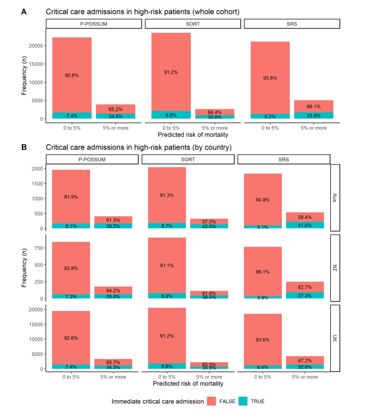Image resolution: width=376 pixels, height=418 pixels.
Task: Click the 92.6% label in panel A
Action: coord(72,76)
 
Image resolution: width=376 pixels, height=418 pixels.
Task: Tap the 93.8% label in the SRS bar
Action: coord(270,78)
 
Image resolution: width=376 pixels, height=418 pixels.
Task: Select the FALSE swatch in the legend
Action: coord(211,401)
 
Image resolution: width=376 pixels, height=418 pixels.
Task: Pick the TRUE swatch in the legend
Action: coord(243,401)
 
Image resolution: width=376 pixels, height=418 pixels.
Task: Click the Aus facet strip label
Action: coord(335,198)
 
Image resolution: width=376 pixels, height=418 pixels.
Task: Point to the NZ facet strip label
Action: coord(335,268)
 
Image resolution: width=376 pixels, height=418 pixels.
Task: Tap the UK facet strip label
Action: coord(335,338)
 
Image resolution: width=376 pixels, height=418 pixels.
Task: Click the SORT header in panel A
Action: coord(193,24)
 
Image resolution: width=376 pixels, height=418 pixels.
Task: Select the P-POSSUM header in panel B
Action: coord(92,160)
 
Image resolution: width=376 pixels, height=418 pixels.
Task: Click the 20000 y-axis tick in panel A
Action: coord(36,46)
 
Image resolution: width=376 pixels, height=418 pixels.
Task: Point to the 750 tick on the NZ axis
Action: coord(38,248)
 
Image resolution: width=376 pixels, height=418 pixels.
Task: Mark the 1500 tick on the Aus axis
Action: coord(37,184)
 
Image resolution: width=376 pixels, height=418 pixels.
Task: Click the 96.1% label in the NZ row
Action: coord(263,272)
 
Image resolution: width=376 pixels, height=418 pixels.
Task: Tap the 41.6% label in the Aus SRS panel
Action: coord(305,225)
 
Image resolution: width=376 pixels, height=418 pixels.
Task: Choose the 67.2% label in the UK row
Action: coord(305,361)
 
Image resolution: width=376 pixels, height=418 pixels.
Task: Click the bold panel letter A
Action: coord(24,12)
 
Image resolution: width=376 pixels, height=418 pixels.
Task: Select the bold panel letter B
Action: coord(24,147)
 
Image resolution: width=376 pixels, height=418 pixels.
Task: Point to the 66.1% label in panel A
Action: coord(314,107)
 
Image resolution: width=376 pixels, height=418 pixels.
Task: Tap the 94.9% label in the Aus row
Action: coord(263,200)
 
